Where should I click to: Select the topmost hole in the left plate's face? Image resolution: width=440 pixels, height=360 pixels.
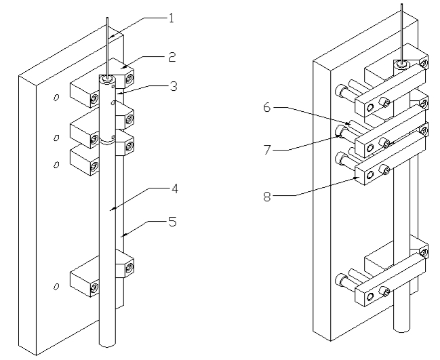click(x=56, y=98)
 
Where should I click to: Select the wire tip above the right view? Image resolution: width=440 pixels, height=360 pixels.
click(x=402, y=5)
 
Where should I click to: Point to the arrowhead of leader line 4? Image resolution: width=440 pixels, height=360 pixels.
click(x=111, y=211)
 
